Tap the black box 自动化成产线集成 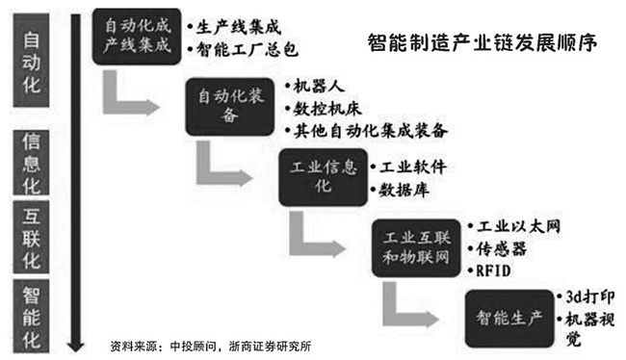(x=137, y=37)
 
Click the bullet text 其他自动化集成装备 (x=368, y=129)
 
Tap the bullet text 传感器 (x=503, y=248)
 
